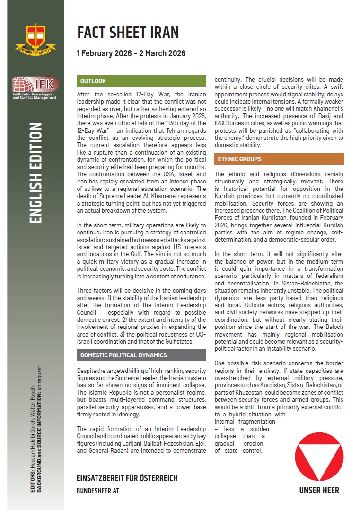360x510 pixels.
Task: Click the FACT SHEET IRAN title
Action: pyautogui.click(x=128, y=32)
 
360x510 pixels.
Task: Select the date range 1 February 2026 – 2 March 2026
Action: pyautogui.click(x=131, y=53)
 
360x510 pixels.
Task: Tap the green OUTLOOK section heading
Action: pyautogui.click(x=93, y=81)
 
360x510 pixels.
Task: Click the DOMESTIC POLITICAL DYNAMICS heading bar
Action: pyautogui.click(x=123, y=354)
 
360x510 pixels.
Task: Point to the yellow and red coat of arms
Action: pyautogui.click(x=32, y=38)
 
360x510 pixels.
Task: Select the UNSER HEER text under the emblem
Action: pyautogui.click(x=319, y=490)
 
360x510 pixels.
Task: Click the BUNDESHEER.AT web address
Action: pyautogui.click(x=98, y=491)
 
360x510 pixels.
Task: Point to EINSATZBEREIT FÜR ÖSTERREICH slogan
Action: pyautogui.click(x=127, y=478)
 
